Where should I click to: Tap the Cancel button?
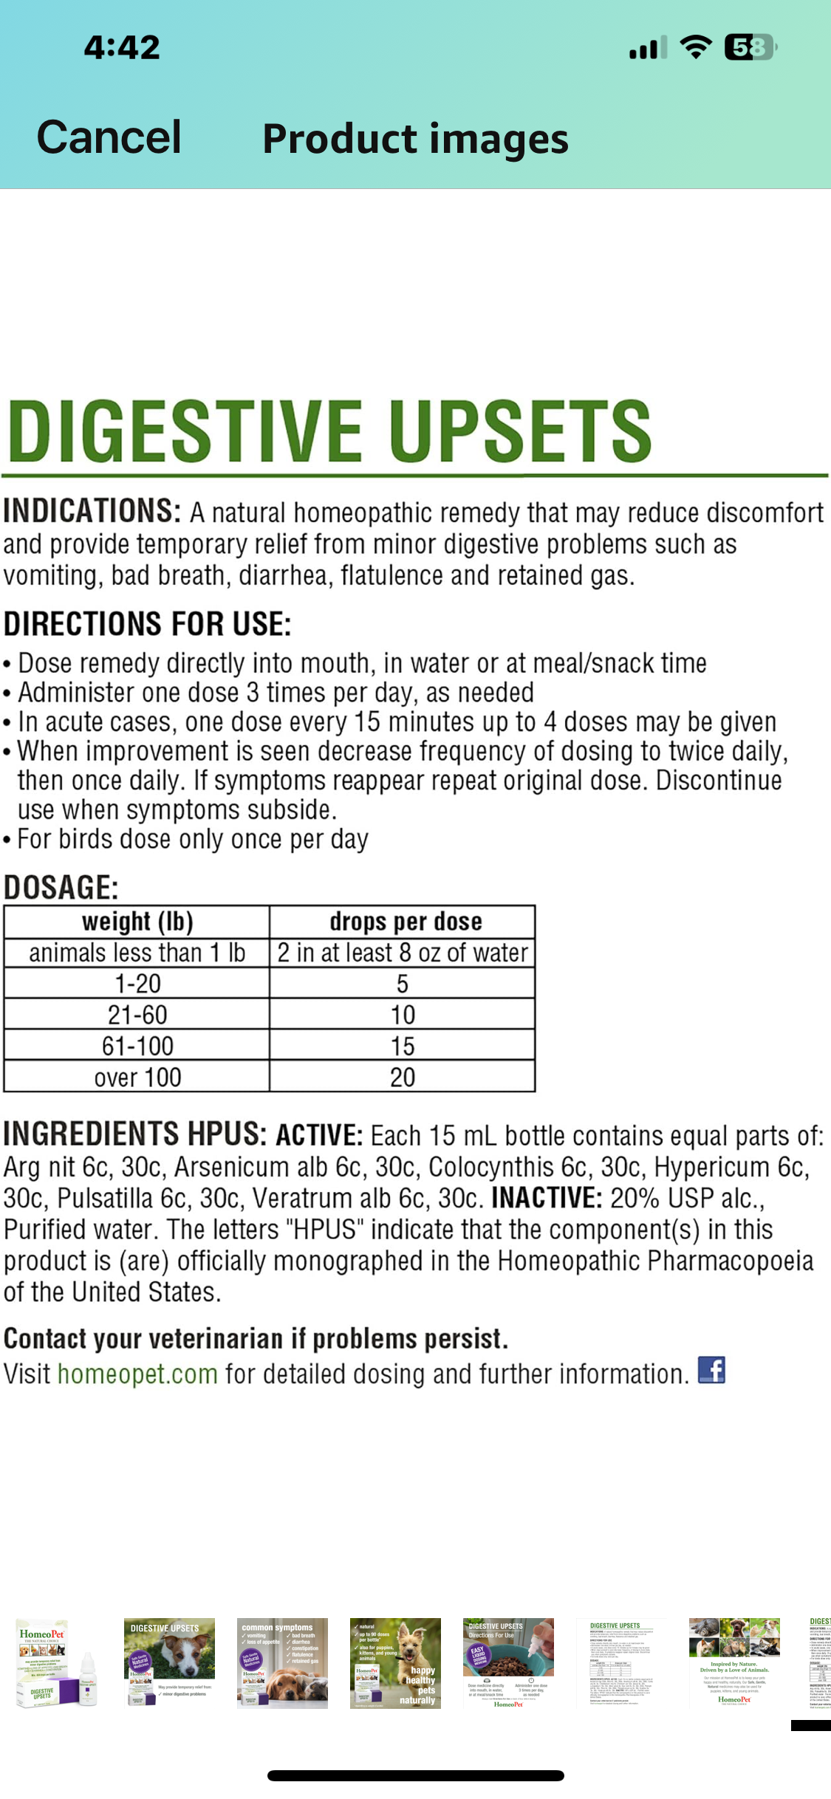109,137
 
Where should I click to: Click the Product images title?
415,139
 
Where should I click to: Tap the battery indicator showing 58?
750,48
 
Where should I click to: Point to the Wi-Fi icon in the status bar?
695,47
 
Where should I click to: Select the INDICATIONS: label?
92,511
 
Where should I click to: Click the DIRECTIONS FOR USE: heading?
148,624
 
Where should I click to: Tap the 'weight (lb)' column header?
137,922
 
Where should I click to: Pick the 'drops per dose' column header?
406,922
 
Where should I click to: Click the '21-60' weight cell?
137,1015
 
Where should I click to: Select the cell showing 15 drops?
403,1046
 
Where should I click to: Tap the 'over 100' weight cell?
137,1077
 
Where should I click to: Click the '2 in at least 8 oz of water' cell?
403,953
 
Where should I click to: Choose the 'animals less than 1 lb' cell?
137,953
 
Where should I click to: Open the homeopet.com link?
137,1374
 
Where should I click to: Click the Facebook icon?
711,1371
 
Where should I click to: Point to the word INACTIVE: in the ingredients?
547,1198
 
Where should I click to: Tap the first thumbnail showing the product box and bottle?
56,1663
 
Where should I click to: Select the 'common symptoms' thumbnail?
282,1663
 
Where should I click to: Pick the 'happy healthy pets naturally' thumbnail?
395,1663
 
